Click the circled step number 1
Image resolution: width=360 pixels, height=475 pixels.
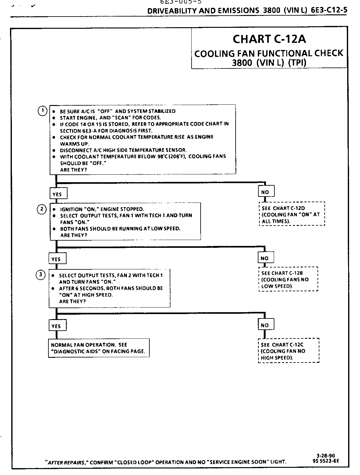click(x=42, y=111)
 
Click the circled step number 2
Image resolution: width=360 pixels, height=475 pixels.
click(x=42, y=209)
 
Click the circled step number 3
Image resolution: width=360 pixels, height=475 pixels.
click(x=41, y=275)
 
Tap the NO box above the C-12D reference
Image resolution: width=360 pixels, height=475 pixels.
click(x=266, y=192)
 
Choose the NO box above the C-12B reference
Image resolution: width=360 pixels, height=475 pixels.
click(x=265, y=258)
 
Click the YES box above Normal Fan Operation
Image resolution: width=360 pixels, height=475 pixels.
click(x=57, y=326)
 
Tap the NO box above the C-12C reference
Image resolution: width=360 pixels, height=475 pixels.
click(x=265, y=325)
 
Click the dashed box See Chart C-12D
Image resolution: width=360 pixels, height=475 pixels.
click(x=292, y=214)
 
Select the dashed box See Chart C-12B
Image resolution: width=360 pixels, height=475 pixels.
click(x=288, y=279)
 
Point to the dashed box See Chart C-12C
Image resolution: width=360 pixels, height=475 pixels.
click(x=289, y=351)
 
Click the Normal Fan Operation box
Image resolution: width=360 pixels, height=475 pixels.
click(x=98, y=348)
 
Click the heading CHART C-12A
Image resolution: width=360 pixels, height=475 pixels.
click(x=269, y=39)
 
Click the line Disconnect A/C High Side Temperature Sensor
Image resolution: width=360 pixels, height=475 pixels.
click(x=123, y=150)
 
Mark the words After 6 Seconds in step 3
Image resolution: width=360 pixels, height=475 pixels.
click(x=80, y=288)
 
